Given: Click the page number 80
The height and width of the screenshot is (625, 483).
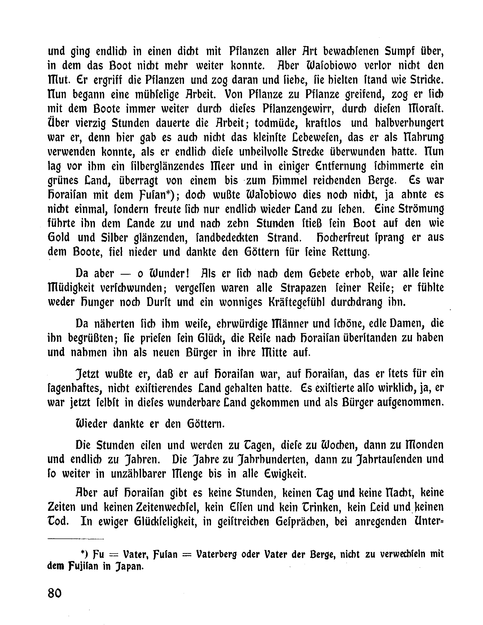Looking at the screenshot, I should coord(55,593).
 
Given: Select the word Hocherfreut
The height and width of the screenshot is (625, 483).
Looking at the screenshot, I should coord(360,238).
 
